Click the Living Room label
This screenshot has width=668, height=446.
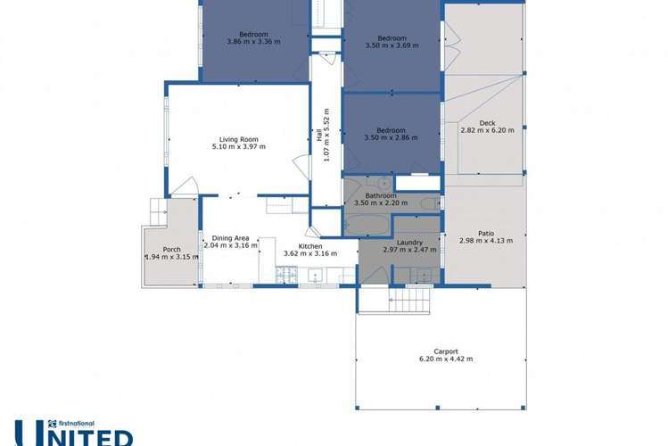[238, 138]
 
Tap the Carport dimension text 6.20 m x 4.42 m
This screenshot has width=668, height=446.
[446, 359]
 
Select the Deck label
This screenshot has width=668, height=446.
[487, 122]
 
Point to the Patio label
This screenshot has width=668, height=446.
[486, 233]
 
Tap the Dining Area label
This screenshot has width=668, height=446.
[230, 238]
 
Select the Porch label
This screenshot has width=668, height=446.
[172, 249]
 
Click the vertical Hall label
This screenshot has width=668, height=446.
[318, 135]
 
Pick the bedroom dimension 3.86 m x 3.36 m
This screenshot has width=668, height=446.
[253, 41]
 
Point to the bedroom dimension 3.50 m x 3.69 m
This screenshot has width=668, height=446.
[392, 45]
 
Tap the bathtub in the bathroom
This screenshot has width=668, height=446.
[367, 221]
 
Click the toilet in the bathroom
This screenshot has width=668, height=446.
[429, 203]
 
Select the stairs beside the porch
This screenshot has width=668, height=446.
[158, 211]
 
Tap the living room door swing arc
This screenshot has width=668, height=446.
[185, 186]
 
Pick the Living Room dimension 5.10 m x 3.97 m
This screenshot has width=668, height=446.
[238, 146]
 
